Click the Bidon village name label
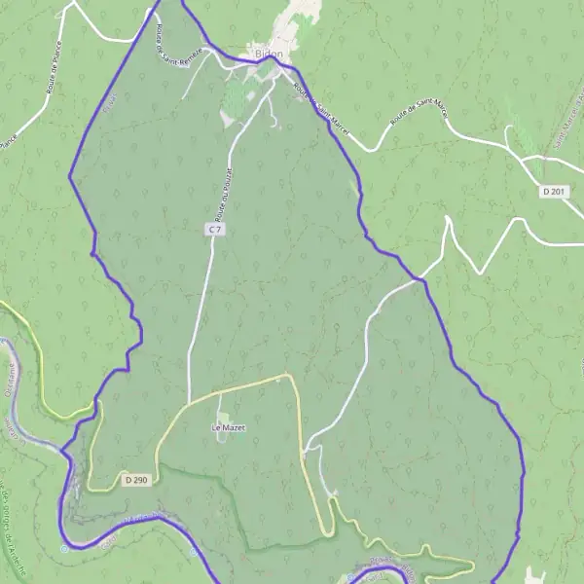pos(268,55)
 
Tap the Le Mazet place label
pos(226,427)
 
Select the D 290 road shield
pos(135,480)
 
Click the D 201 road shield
pos(553,192)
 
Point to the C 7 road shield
pos(214,230)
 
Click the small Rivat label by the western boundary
pos(109,99)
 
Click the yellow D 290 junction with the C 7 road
pos(188,402)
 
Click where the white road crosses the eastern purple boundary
pos(420,280)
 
